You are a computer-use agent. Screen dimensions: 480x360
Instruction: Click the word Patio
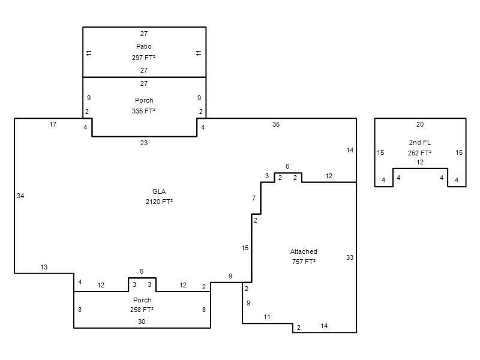143,46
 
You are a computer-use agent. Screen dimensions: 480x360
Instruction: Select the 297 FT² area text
143,58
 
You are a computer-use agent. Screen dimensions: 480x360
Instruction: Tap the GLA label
159,191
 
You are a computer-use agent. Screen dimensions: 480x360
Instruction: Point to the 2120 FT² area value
159,202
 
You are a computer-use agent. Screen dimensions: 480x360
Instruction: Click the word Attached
304,251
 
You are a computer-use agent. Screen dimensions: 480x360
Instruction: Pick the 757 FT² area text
304,262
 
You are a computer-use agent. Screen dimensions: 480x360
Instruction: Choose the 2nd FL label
419,142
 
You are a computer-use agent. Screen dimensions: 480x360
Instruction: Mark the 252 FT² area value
419,153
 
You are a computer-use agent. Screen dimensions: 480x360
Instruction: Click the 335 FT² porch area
143,111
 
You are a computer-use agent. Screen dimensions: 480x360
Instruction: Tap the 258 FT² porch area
142,310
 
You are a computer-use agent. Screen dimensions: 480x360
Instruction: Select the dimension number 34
20,196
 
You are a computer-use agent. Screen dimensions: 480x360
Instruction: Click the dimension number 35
276,124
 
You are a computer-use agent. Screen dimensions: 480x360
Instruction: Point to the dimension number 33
350,257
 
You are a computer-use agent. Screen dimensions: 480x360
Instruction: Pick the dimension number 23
144,143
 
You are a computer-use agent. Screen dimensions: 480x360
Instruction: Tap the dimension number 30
142,322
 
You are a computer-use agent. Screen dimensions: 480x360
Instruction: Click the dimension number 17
53,124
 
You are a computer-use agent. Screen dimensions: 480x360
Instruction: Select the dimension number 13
44,267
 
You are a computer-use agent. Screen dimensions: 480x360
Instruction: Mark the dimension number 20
419,124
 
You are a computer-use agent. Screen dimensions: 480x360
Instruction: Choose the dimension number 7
254,198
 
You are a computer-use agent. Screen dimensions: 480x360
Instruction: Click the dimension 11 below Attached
267,317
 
